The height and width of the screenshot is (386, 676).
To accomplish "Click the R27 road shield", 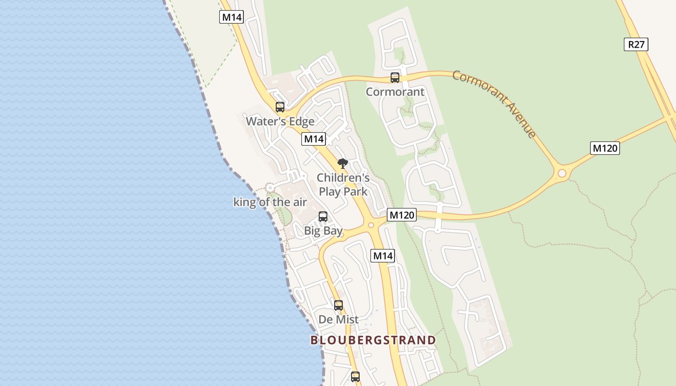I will [x=636, y=45].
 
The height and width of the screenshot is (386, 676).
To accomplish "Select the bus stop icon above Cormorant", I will [x=395, y=78].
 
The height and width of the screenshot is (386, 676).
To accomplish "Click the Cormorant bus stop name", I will [x=395, y=92].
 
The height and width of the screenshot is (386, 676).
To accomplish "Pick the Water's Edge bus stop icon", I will [x=280, y=107].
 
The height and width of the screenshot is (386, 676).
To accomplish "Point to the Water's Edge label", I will [x=280, y=121].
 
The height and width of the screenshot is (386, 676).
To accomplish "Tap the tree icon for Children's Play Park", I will [x=342, y=164].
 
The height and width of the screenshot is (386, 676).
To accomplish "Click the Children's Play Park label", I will [x=343, y=185].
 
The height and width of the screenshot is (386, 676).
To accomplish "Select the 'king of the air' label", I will [x=270, y=202].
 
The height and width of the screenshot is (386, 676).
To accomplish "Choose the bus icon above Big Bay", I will [x=323, y=217].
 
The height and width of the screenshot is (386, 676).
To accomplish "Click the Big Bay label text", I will [x=323, y=231].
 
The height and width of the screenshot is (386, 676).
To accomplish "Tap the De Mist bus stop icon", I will [x=338, y=305].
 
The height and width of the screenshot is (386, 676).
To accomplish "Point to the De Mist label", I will [x=338, y=319].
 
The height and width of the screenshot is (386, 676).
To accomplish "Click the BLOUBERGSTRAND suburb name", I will [x=373, y=340].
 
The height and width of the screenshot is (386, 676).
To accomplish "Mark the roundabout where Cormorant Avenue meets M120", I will [x=562, y=173].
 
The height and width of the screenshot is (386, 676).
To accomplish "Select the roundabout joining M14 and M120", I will [x=371, y=225].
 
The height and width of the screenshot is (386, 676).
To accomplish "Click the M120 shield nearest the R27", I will [x=605, y=148].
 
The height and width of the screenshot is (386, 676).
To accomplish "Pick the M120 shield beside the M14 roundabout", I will [x=401, y=215].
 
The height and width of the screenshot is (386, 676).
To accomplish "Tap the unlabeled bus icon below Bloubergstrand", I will [x=355, y=377].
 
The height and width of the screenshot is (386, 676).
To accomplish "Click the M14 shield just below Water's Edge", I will [x=314, y=139].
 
